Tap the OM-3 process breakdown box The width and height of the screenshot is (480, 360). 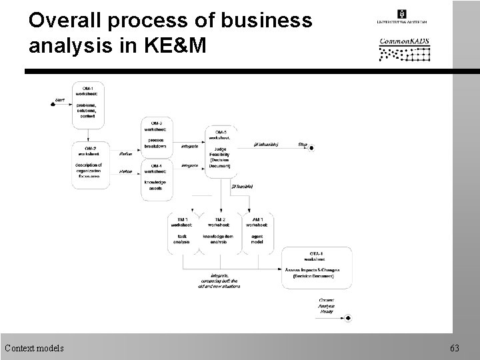(156, 136)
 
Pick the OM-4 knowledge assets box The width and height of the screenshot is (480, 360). (156, 177)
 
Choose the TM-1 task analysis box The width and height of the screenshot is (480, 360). (182, 231)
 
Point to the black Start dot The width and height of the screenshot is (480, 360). (54, 105)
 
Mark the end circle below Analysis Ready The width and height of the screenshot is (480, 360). (348, 318)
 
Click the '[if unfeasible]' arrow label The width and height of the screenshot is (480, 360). (267, 144)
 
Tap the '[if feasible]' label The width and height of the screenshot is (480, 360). (241, 187)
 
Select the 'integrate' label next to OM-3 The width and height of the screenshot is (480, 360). (189, 145)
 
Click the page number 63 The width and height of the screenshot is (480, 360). (455, 347)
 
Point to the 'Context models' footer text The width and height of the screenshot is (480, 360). (35, 347)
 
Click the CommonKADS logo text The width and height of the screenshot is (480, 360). (405, 41)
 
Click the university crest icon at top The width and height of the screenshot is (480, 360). (401, 13)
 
